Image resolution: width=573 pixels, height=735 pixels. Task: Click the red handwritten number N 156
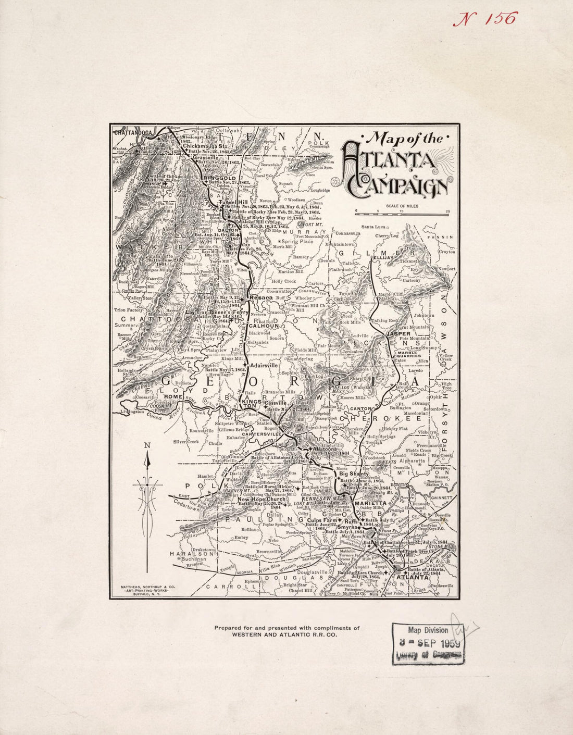point(484,19)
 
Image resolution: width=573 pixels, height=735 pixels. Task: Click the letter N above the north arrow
point(147,445)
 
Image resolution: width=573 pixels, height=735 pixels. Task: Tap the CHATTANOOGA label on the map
point(133,133)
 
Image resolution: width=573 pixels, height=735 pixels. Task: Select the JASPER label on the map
point(398,333)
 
